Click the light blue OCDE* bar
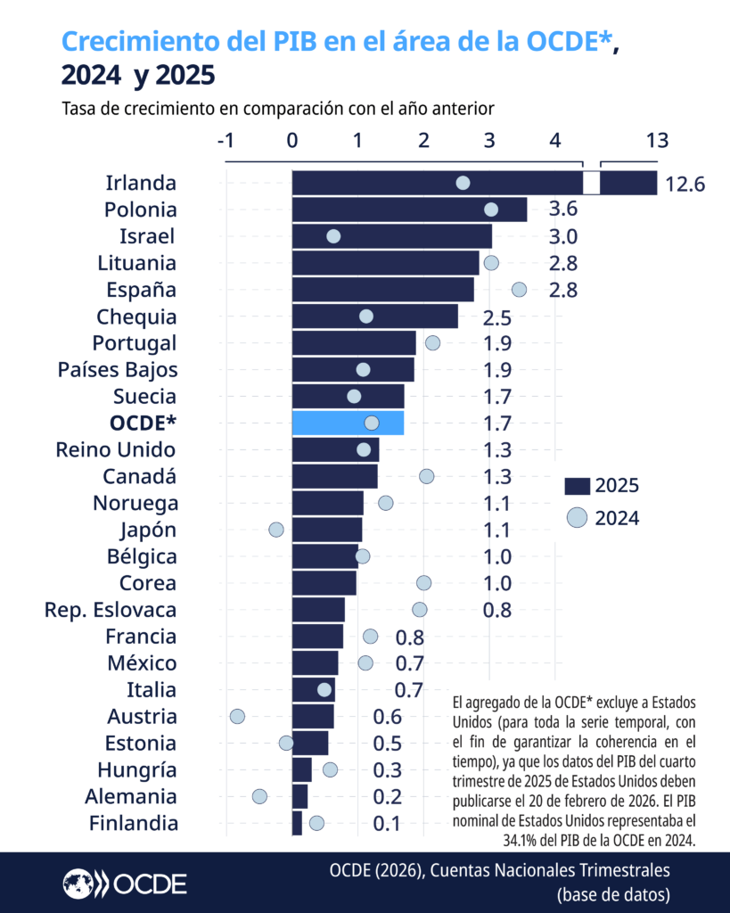347,423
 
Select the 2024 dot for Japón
275,530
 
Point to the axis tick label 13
657,140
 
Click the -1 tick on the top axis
226,140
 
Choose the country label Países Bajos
118,369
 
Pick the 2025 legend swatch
578,486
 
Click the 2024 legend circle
578,517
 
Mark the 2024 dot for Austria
237,716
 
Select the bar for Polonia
409,210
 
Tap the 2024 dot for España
519,289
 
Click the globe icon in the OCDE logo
78,883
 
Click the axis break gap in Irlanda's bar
591,183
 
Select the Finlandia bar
297,823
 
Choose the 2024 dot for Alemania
259,796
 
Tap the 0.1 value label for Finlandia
387,824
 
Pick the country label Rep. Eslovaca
111,610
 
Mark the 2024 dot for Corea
423,583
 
